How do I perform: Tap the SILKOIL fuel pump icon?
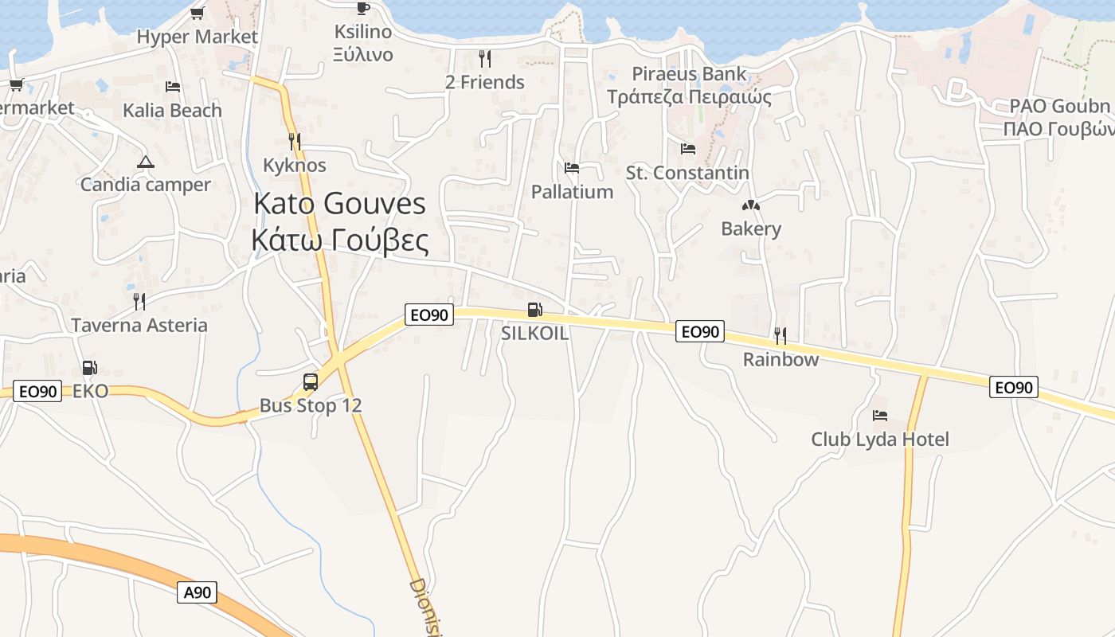tap(535, 310)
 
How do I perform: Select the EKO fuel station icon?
tap(90, 368)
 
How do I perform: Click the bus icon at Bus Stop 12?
tap(311, 382)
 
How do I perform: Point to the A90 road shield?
tap(197, 592)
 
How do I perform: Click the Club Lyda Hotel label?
tap(880, 440)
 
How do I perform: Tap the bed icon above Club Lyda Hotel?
tap(880, 416)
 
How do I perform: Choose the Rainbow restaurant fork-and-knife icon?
tap(780, 335)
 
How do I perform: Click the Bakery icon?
tap(751, 205)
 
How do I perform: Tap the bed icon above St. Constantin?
tap(688, 149)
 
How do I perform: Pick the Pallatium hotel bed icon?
tap(572, 168)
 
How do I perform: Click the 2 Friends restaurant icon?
tap(484, 58)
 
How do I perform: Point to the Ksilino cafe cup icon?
tap(363, 8)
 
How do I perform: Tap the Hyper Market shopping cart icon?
tap(198, 13)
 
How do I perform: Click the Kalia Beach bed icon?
tap(173, 86)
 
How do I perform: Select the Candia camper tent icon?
tap(145, 162)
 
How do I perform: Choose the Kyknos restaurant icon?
tap(295, 142)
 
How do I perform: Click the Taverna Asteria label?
tap(139, 325)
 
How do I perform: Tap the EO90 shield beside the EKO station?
tap(38, 391)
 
